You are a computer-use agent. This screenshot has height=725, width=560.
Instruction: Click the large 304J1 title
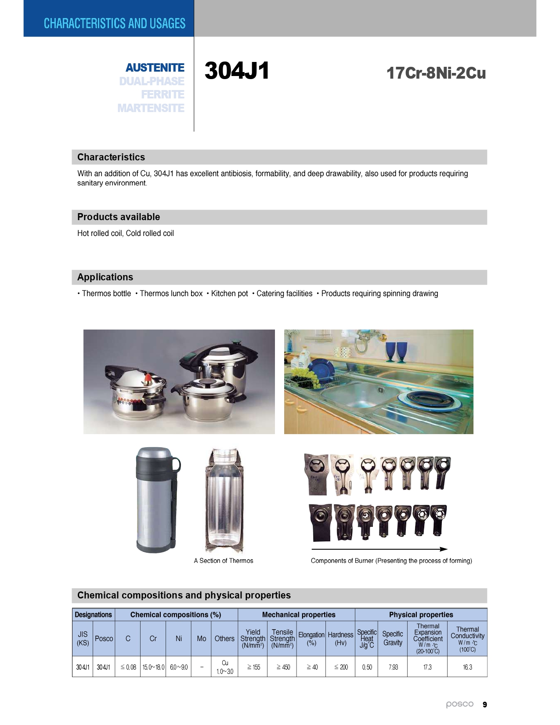tap(237, 71)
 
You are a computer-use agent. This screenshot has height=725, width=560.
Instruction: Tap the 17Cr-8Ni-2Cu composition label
tap(436, 73)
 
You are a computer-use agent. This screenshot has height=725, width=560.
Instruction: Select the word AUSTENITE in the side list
tap(155, 68)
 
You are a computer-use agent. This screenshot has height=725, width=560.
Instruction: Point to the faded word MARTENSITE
tap(151, 108)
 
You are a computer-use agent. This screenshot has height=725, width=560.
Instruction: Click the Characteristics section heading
tap(111, 157)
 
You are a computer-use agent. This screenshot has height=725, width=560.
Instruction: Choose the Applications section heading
tap(105, 277)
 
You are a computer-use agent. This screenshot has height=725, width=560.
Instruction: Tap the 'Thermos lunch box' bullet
tap(171, 294)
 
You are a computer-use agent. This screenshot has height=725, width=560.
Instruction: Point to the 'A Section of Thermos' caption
tap(224, 561)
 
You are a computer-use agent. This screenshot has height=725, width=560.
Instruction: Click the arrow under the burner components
tap(379, 549)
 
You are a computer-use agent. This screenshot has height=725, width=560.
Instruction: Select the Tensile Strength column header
tap(282, 638)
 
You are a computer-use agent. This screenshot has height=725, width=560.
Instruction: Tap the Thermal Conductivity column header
tap(467, 638)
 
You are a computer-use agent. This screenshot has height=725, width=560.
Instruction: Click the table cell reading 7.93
tap(393, 667)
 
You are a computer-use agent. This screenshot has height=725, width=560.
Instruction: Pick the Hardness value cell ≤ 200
tap(340, 667)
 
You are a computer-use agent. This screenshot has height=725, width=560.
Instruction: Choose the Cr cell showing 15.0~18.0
tap(153, 667)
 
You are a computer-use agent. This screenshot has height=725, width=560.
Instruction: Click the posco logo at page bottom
tap(460, 704)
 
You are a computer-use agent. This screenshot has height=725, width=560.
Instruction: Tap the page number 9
tap(485, 705)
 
